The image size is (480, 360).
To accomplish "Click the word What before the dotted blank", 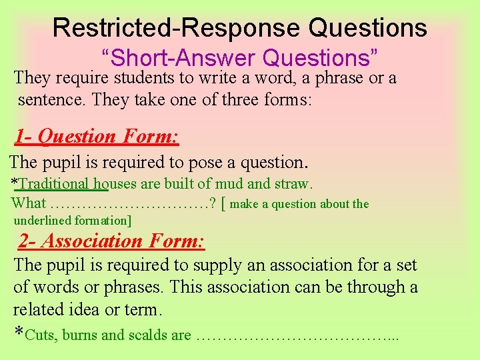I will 29,204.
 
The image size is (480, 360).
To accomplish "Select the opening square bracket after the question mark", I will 223,204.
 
